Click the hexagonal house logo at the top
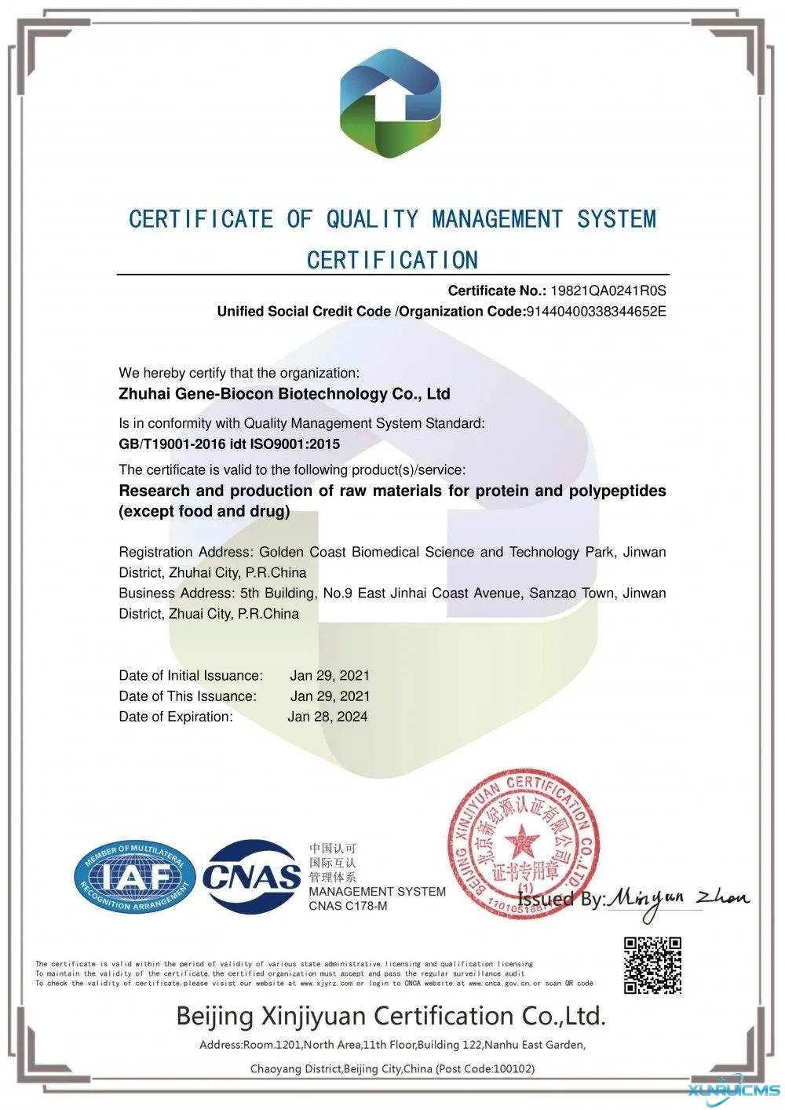(x=390, y=103)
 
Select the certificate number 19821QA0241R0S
(x=608, y=290)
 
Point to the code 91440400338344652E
(x=596, y=311)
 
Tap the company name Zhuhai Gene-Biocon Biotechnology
(x=284, y=393)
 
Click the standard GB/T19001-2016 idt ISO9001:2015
(x=229, y=444)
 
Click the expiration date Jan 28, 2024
(x=327, y=716)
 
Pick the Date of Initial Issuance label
(x=191, y=675)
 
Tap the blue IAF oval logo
(x=134, y=878)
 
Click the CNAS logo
(x=251, y=877)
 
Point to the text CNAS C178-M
(x=348, y=906)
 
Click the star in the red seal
(x=520, y=845)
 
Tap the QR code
(x=652, y=965)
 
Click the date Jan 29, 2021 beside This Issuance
(x=330, y=696)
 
